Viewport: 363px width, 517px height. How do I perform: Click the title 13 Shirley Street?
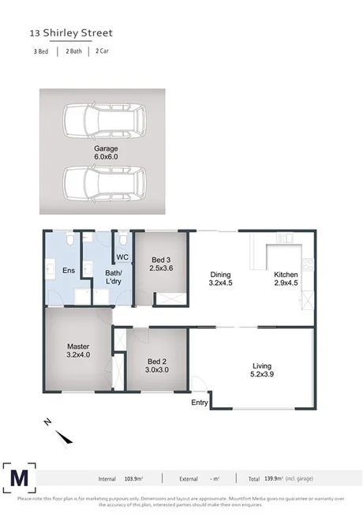coord(71,33)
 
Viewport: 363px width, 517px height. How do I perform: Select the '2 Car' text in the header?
coord(102,51)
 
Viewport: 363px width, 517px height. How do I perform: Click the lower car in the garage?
coord(104,182)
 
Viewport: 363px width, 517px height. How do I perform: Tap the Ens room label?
coord(68,271)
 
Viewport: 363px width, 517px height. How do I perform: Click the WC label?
coord(122,258)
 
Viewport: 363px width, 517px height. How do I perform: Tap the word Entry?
coord(200,403)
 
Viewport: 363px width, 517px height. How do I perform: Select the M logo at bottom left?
coord(20,477)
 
